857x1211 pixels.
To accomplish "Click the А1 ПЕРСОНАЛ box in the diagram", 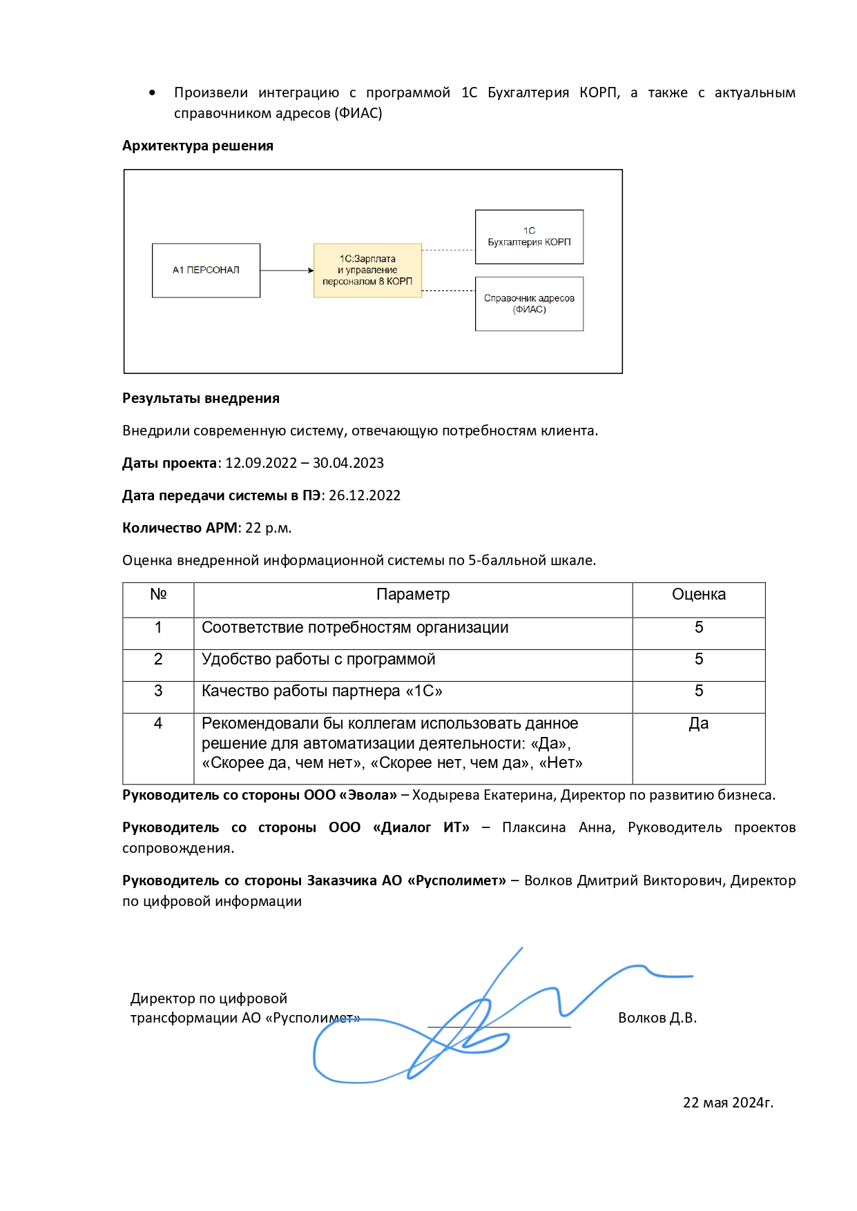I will coord(206,270).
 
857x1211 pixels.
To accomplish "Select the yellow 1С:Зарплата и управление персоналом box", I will coord(367,270).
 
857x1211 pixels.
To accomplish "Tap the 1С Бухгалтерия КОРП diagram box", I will coord(529,237).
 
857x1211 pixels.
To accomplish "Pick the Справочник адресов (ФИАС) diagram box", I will coord(529,304).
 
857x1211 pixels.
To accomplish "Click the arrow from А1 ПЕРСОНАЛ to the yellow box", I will coord(287,270).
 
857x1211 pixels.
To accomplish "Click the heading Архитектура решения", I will coord(198,146).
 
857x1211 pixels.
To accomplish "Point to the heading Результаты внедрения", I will coord(200,398).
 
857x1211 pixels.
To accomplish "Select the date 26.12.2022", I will coord(365,495).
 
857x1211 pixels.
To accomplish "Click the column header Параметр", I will coord(413,595).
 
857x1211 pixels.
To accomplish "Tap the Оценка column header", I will coord(698,595).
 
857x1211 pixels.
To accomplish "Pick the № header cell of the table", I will coord(158,595).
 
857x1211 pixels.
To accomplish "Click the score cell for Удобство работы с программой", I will coord(698,660).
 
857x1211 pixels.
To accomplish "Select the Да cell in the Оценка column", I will coord(698,724).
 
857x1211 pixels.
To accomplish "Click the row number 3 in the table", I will coord(158,691).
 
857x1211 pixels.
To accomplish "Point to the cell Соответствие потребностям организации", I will coord(355,628).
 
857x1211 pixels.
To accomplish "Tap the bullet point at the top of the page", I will coord(152,93).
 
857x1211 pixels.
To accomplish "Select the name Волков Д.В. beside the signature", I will coord(657,1018).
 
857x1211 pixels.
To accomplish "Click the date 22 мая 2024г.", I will coord(728,1103).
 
